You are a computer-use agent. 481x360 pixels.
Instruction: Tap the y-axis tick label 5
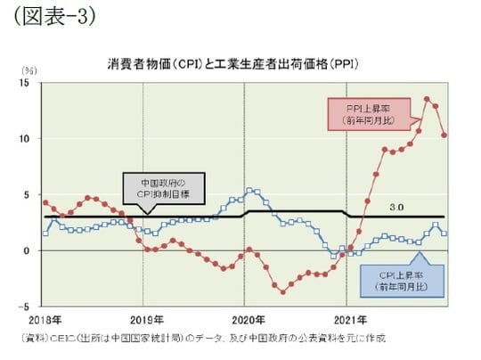tap(29, 194)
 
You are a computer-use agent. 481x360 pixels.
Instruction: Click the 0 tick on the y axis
tap(29, 250)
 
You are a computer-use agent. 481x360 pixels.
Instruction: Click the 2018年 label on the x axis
tap(43, 319)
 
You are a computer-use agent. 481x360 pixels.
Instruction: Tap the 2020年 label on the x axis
tap(247, 319)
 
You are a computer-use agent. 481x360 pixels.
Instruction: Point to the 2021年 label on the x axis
tap(347, 319)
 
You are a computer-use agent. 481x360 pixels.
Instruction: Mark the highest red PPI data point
tap(427, 99)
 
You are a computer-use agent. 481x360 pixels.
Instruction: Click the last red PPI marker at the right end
tap(444, 135)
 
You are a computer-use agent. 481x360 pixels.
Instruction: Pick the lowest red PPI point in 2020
tap(283, 291)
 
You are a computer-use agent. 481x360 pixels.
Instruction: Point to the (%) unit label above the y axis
tap(29, 70)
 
